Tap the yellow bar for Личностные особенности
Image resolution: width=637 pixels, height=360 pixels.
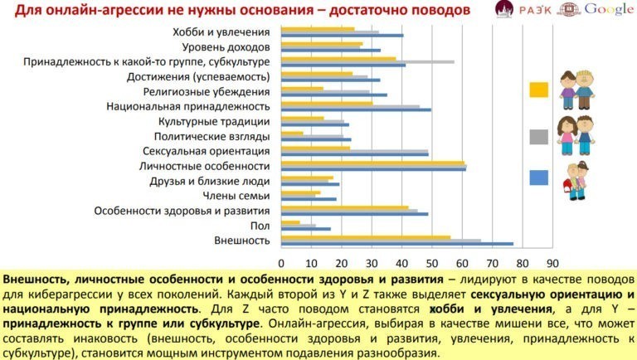373,163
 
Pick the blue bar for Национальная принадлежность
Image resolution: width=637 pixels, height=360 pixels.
356,109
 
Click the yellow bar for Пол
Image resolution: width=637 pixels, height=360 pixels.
291,221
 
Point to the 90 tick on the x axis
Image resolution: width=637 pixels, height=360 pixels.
549,256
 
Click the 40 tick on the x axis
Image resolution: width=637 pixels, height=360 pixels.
401,256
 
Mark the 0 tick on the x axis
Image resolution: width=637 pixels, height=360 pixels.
282,256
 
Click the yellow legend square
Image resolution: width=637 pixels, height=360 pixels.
538,90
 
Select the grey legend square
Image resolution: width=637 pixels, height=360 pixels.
538,137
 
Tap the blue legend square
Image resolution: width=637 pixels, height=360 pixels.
538,177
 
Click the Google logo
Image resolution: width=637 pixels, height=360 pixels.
609,10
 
